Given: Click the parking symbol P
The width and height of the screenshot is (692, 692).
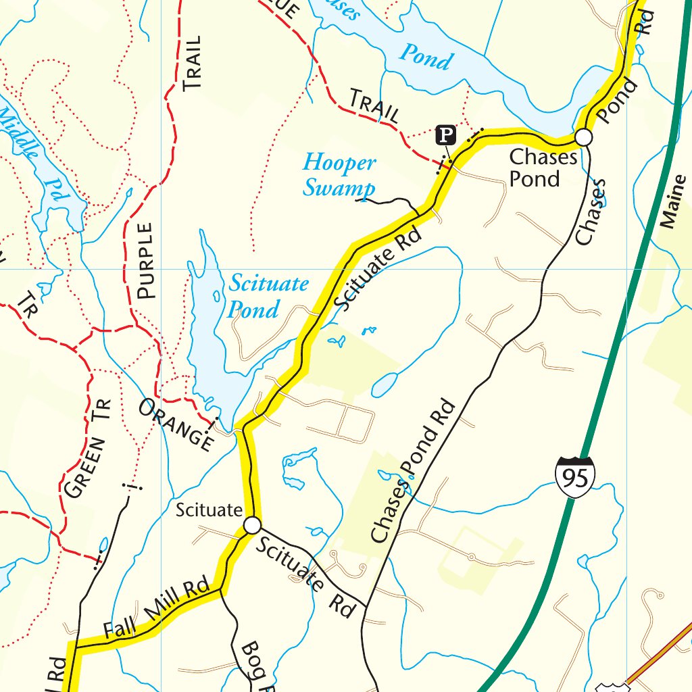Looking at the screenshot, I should pos(444,135).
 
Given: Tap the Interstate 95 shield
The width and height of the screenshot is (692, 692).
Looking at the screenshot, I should pos(576,476).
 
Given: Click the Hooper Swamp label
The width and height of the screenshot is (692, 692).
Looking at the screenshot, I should pos(339,176).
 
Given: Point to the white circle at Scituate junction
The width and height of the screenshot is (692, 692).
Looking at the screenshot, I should pos(252,525).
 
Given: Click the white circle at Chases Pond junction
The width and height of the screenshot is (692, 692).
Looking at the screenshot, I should pos(584,138).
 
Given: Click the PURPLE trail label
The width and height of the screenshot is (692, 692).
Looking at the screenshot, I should pos(146,261).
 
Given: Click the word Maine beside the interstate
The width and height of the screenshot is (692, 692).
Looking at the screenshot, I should pos(670,202).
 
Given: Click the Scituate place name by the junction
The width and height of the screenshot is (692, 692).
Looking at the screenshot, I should pos(209,510).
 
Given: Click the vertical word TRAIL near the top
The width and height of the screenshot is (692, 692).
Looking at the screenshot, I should pos(193,64).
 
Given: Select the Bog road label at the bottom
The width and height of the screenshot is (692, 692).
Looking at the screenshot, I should pos(253,666).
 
